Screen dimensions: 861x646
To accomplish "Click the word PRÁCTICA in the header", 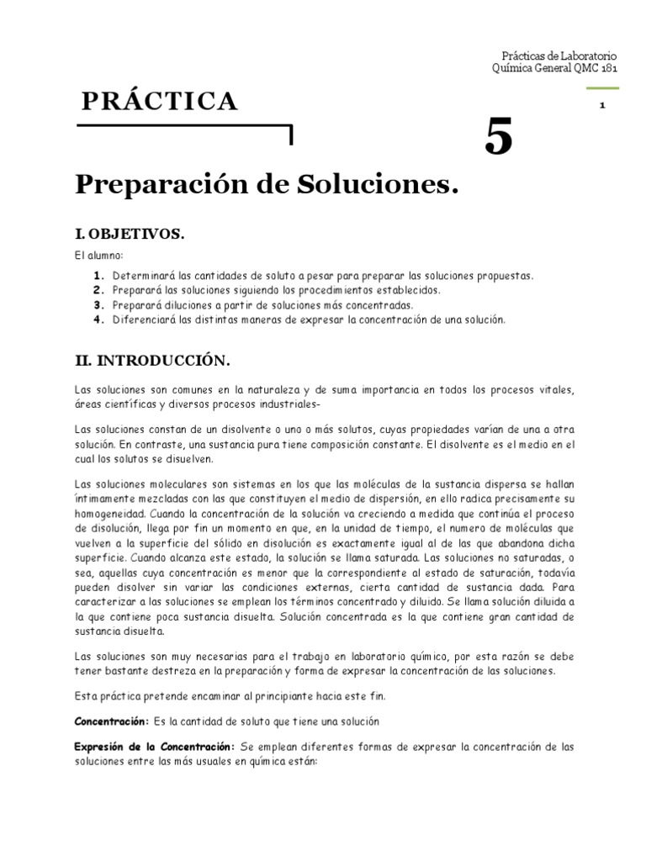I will coord(160,102).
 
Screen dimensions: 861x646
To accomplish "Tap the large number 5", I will coord(498,137).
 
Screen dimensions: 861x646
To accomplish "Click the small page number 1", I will coord(603,105).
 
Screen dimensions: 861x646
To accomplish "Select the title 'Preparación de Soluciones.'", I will coord(268,185).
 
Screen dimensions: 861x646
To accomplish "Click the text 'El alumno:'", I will coord(98,255).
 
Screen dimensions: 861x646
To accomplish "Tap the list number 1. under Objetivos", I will coord(98,276).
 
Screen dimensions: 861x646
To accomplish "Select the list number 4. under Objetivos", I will coord(98,320).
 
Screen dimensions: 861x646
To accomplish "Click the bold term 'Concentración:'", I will coord(111,721).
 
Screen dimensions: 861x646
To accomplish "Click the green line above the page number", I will coord(603,87).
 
